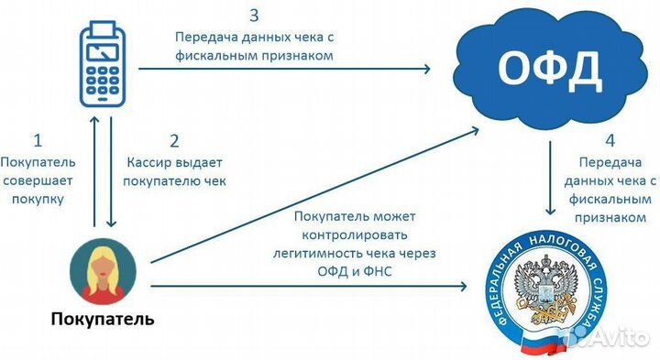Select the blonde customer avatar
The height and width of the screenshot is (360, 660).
pos(103,271)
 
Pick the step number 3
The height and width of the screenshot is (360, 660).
pos(254,16)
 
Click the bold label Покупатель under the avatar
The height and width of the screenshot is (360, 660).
pos(103,321)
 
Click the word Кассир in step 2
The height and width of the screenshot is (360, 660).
pos(147,162)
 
